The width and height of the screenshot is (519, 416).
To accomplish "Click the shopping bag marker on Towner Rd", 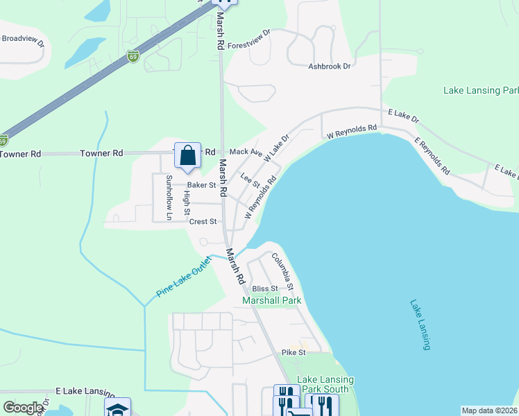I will (x=187, y=156).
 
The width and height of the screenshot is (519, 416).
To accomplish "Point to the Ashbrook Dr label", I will (x=330, y=67).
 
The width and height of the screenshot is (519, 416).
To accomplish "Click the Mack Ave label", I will (x=245, y=152).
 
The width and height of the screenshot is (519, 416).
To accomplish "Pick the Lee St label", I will (x=250, y=180).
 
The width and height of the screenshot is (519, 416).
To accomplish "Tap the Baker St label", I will (x=202, y=185).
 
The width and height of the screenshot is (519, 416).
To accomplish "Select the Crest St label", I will (x=203, y=222).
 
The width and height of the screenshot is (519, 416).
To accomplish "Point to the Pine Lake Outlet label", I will (x=183, y=277).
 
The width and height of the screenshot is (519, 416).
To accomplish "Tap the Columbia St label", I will (x=283, y=272).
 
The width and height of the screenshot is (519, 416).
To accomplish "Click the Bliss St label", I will (x=264, y=288).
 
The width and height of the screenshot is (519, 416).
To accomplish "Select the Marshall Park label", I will (x=271, y=301).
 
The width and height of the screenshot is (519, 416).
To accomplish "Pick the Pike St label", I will (x=293, y=353).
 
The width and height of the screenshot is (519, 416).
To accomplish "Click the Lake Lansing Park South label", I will (x=325, y=384).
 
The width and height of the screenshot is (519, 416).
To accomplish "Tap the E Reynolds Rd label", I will (x=432, y=156).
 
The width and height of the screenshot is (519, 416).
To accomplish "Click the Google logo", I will (x=23, y=408).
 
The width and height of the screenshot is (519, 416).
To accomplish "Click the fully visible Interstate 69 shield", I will (x=133, y=55).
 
